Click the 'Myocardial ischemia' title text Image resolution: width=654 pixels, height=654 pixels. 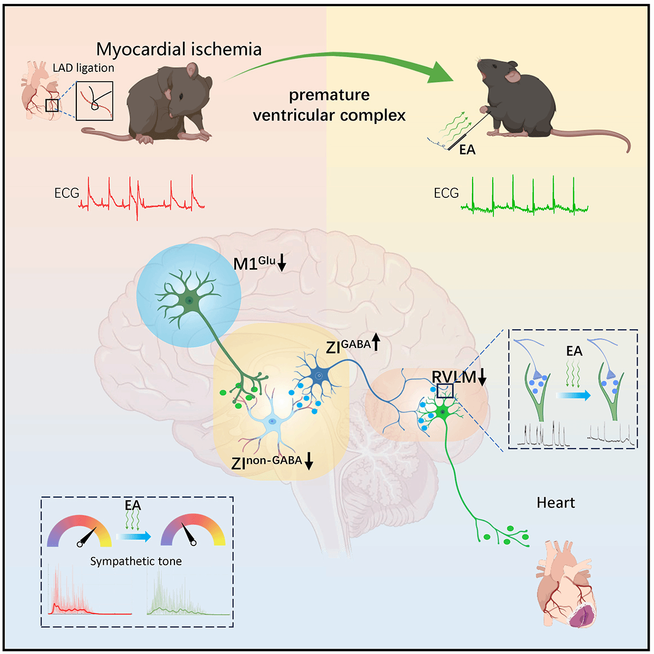179,49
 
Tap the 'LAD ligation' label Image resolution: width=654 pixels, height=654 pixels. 83,68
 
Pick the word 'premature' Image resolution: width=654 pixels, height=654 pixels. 329,95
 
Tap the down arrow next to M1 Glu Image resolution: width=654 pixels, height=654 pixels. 282,265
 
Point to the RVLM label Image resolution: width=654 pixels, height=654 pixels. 453,377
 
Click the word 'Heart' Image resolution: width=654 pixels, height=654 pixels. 556,502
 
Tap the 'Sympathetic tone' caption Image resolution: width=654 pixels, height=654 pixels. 136,561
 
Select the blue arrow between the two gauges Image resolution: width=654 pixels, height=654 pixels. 135,537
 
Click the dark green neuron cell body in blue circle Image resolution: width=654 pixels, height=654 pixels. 190,300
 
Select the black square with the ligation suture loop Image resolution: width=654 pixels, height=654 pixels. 94,101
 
